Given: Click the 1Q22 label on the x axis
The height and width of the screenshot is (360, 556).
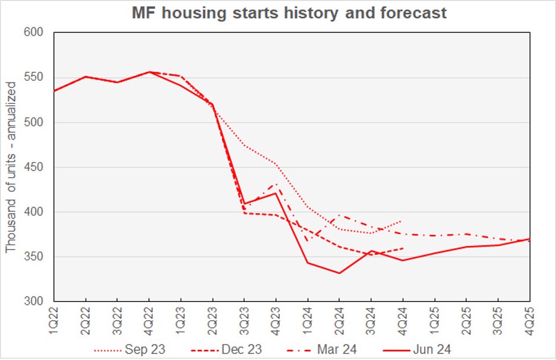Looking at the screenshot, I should [x=54, y=317].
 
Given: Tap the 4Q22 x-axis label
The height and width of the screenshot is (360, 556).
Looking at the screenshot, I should [x=149, y=317].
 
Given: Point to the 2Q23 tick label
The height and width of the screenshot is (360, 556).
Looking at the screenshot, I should [x=213, y=317].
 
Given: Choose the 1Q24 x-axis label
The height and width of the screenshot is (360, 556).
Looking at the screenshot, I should [x=308, y=317].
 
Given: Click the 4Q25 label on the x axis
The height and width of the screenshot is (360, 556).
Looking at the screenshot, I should [x=529, y=317].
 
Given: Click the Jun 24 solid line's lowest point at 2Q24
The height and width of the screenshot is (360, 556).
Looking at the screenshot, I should [x=339, y=273].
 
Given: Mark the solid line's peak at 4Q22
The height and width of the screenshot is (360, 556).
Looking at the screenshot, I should [x=149, y=72].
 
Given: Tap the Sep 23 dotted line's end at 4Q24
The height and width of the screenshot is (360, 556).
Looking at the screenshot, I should [x=403, y=220].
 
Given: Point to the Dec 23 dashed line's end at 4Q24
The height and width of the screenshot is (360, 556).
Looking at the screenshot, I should [x=403, y=248].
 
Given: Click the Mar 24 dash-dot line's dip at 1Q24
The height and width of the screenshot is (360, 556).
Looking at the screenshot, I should [x=308, y=241].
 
